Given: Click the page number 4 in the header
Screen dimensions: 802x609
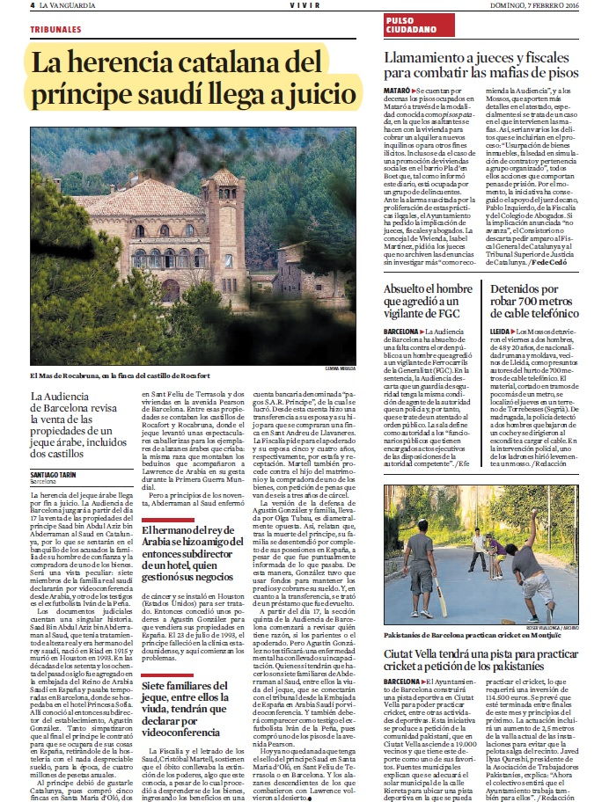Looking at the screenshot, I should click(33, 5).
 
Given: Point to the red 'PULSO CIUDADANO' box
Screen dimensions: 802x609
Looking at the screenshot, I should click(410, 25).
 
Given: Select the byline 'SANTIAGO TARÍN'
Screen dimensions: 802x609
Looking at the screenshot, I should click(54, 474).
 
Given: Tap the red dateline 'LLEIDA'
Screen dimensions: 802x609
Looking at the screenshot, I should click(501, 331).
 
